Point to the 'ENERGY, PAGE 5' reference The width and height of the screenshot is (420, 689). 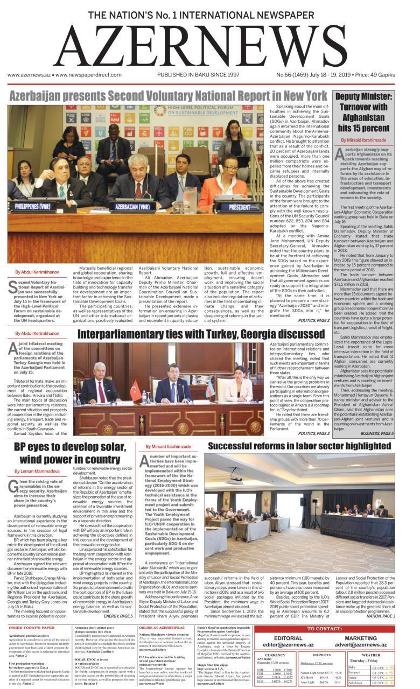[x=117, y=615]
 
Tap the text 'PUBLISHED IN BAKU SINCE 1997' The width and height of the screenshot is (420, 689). [x=198, y=75]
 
